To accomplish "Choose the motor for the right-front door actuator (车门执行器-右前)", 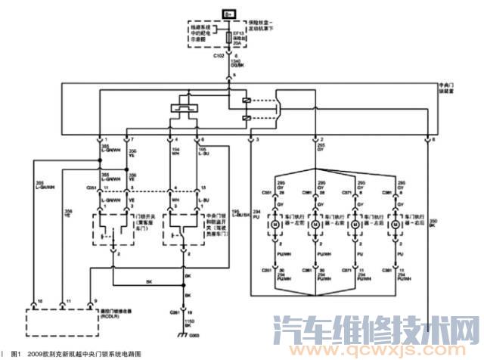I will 315,225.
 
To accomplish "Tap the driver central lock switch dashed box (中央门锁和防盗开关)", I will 182,226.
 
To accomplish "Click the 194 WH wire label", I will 176,152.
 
